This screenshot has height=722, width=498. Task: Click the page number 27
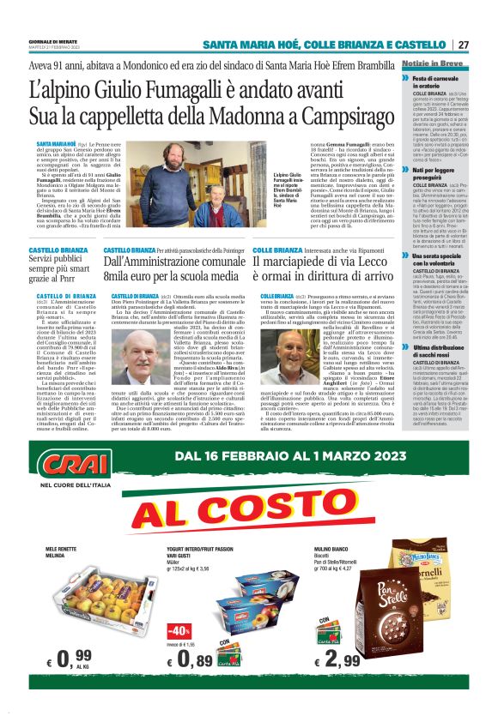tap(463, 45)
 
